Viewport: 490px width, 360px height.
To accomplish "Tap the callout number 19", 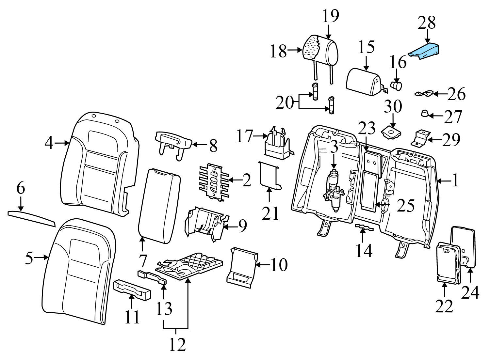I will click(330, 16).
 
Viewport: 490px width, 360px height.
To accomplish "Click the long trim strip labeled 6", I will click(31, 218).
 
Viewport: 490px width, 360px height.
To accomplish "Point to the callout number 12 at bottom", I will click(177, 344).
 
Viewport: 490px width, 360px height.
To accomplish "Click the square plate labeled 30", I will click(391, 131).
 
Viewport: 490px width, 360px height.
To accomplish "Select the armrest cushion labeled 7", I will click(159, 206).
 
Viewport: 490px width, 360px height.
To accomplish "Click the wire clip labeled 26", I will click(424, 94).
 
